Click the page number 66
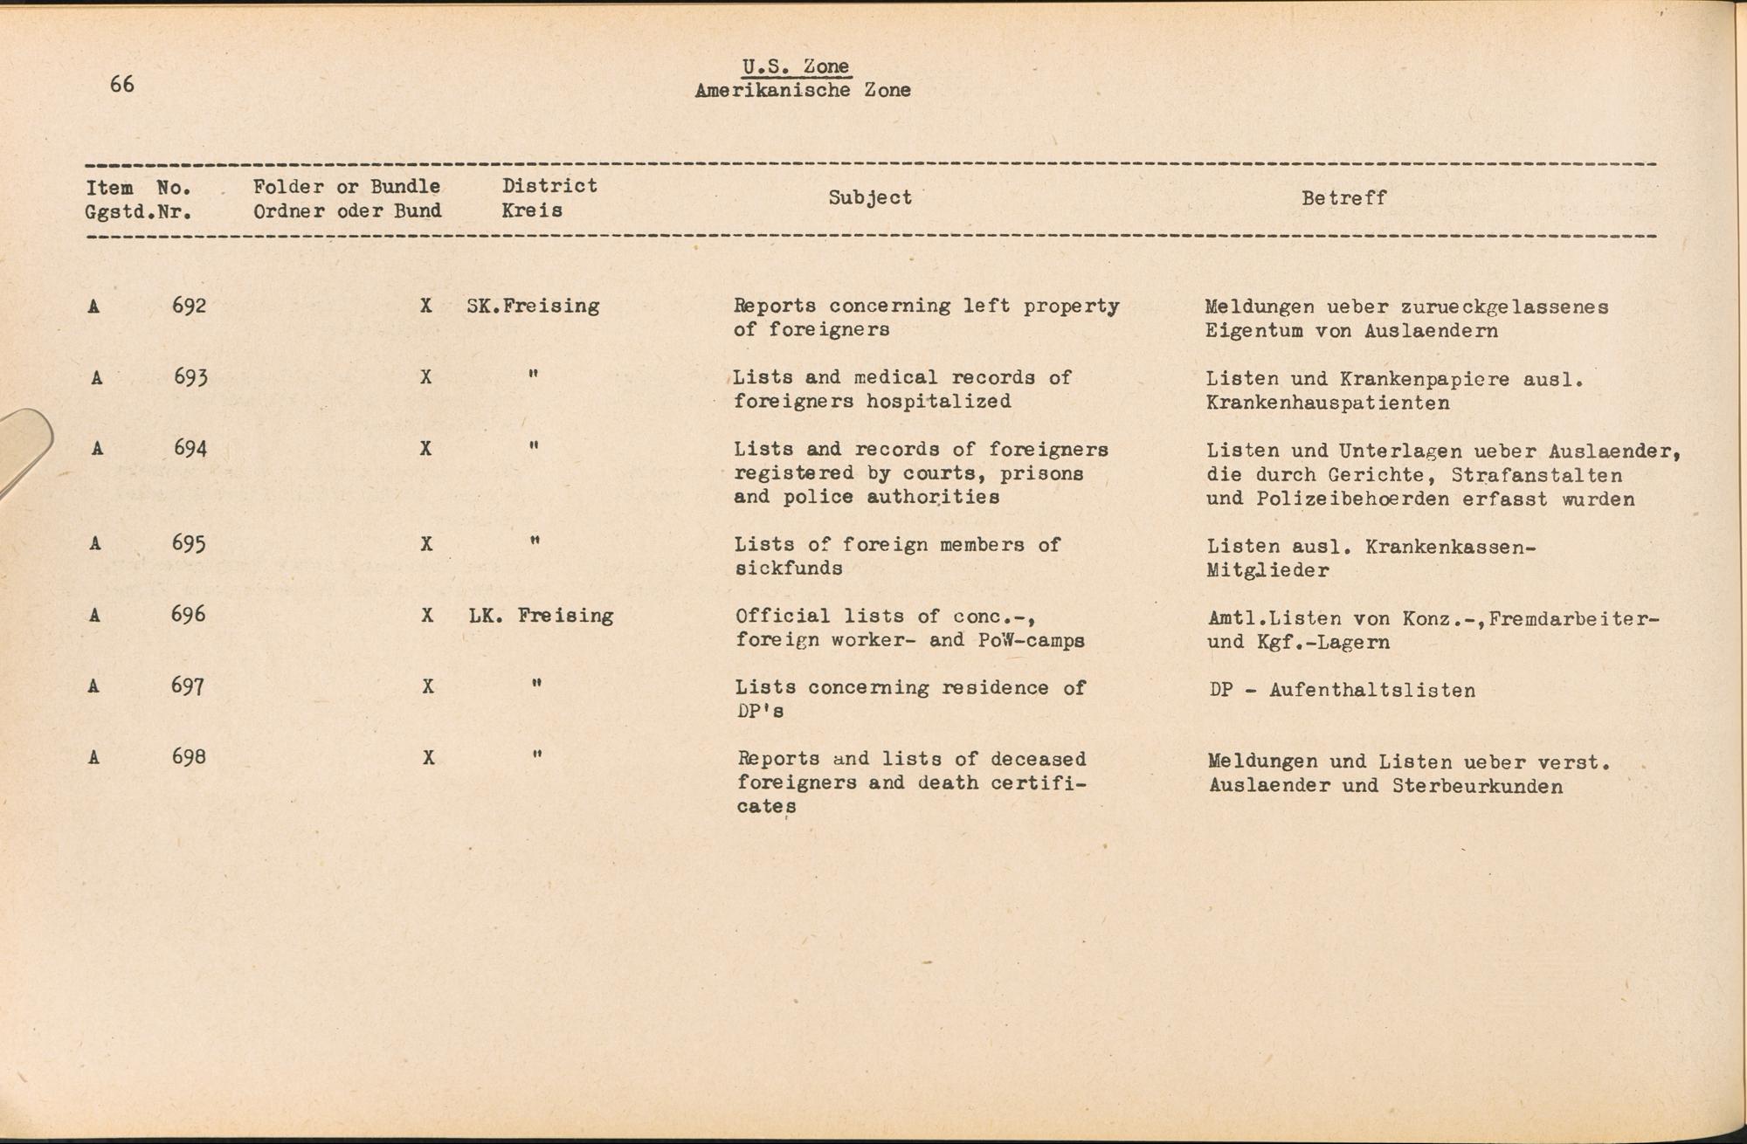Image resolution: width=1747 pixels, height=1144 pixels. [122, 84]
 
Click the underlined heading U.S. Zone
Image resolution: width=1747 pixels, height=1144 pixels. [795, 67]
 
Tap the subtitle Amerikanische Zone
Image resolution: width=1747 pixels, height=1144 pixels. [803, 90]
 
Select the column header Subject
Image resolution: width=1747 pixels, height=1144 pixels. [870, 197]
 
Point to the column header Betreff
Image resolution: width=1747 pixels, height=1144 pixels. [1343, 198]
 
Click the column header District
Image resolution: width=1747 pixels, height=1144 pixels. [549, 185]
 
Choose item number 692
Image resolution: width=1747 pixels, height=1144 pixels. [190, 306]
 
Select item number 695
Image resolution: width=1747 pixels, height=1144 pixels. [190, 543]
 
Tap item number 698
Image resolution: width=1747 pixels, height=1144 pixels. [190, 757]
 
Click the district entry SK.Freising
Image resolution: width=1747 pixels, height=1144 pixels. [533, 307]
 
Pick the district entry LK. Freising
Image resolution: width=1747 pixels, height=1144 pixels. [541, 616]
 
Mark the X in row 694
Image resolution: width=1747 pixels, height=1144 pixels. [425, 449]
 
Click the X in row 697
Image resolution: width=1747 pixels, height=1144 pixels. [428, 687]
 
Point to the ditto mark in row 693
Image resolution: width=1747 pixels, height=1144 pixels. [533, 376]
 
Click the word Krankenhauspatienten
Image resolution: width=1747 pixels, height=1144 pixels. [1328, 403]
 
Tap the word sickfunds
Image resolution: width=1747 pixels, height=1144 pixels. [789, 569]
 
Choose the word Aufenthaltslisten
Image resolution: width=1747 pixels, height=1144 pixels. [1371, 691]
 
